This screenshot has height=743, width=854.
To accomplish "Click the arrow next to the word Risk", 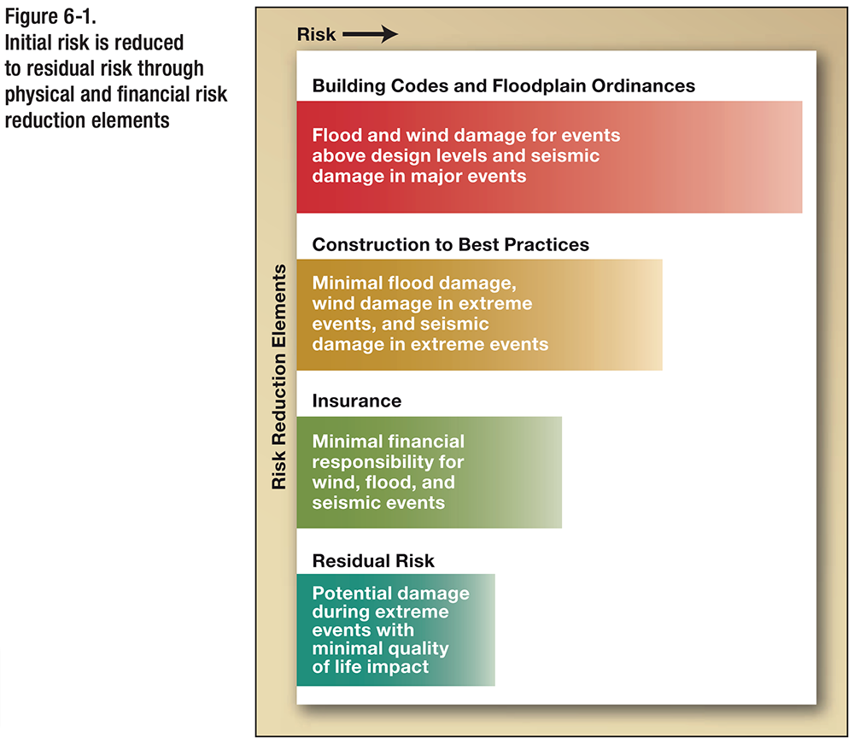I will click(x=371, y=35).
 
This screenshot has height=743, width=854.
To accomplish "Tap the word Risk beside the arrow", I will click(x=317, y=35).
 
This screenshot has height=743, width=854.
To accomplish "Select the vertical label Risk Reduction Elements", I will click(x=279, y=377).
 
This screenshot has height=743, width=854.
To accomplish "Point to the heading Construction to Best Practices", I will click(x=450, y=244).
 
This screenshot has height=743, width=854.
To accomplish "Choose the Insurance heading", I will click(x=356, y=401).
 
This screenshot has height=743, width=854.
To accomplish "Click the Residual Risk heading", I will click(x=373, y=561).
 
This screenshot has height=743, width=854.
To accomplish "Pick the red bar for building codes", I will click(x=683, y=157).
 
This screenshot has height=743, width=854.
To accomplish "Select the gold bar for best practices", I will click(x=598, y=314).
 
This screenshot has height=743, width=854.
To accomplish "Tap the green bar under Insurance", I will click(x=512, y=472).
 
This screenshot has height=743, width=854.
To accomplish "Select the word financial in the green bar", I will click(x=423, y=442).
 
